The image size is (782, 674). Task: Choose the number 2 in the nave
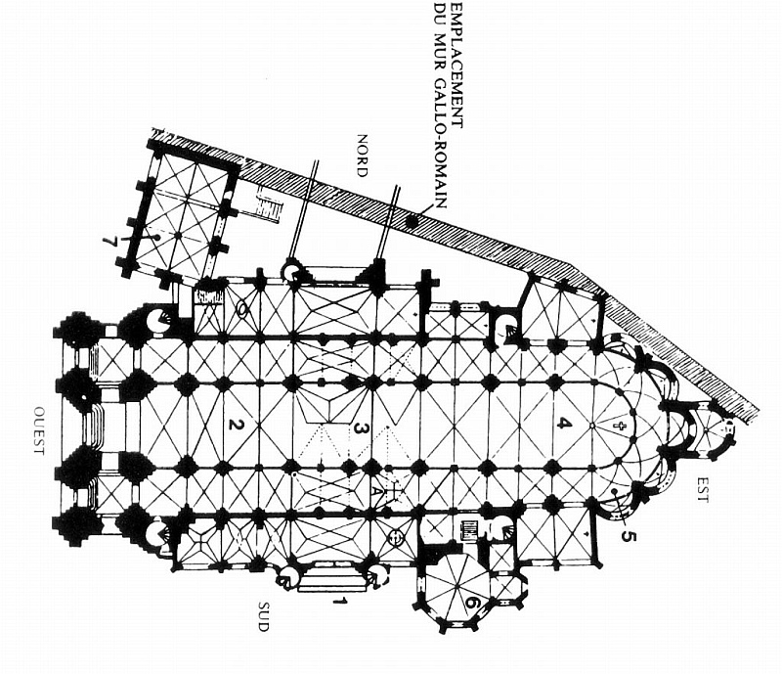click(x=234, y=424)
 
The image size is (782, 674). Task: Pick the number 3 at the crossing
click(x=360, y=427)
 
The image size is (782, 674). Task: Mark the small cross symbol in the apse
click(x=617, y=427)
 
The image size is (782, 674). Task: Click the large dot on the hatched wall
click(x=412, y=222)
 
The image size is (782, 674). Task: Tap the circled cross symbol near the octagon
click(x=397, y=536)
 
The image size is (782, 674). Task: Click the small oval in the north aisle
click(x=241, y=309)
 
